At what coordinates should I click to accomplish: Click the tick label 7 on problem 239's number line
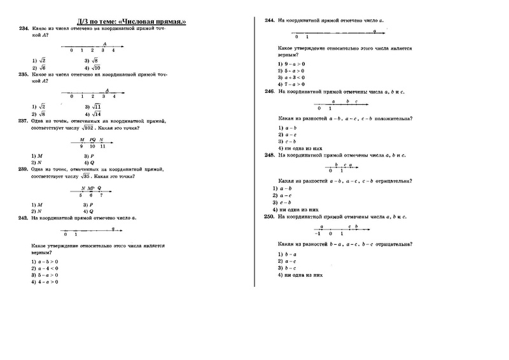pos(100,195)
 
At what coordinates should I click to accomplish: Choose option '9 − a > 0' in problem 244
pos(291,64)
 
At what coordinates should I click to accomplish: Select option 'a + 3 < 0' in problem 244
pos(291,78)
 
